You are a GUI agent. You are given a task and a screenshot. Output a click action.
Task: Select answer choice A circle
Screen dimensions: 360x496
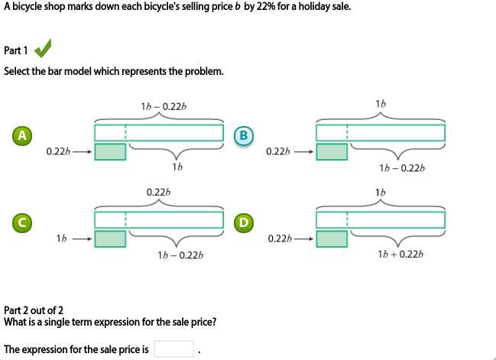point(22,135)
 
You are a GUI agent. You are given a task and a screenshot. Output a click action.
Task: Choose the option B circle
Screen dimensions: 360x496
point(243,135)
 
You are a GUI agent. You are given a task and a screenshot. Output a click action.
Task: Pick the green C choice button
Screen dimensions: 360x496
point(22,222)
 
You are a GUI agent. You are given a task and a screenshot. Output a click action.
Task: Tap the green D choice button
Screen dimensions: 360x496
point(243,222)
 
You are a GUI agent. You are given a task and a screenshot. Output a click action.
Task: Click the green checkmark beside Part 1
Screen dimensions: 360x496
point(43,50)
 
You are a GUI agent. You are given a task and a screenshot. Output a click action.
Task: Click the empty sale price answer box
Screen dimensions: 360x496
point(173,349)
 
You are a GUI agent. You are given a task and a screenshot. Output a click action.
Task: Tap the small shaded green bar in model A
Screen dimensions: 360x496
point(109,151)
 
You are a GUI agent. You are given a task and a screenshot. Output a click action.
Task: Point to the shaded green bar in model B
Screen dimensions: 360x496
point(331,151)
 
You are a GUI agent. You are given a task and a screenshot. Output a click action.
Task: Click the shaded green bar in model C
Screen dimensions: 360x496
point(109,238)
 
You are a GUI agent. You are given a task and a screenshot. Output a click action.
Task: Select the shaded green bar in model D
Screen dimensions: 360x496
point(331,238)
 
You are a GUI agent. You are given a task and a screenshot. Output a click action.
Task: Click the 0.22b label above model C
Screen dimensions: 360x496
point(158,191)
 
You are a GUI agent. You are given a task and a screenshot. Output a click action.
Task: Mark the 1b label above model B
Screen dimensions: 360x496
point(381,103)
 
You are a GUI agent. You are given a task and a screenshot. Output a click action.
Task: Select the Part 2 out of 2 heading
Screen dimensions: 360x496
point(34,310)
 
